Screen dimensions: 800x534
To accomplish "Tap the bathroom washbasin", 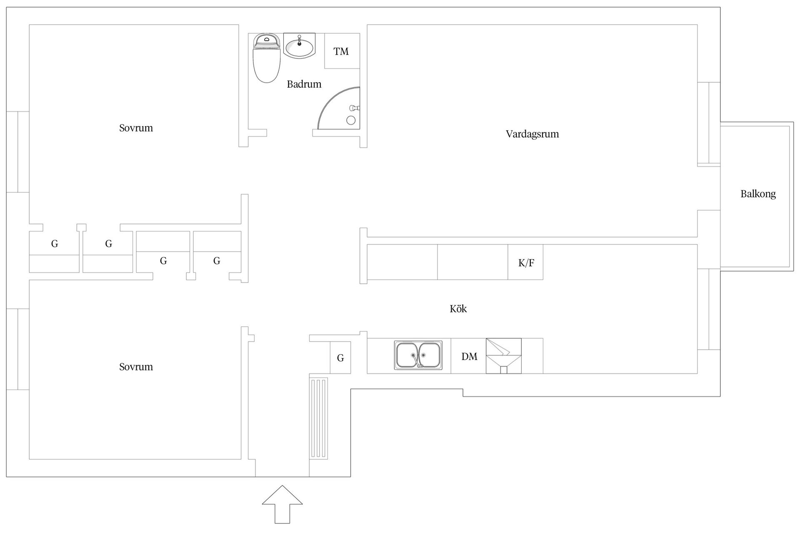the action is (299, 46).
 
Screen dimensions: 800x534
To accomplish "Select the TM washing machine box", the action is (342, 51).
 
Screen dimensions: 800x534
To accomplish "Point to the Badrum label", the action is (304, 84).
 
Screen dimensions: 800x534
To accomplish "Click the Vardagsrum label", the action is (532, 134).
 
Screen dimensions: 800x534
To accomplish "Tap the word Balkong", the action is (758, 194).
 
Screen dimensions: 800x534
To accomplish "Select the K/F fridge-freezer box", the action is (525, 262).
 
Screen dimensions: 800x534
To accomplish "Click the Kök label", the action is (458, 309).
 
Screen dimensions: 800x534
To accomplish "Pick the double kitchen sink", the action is (418, 355).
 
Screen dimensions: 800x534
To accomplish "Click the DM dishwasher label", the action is (469, 356).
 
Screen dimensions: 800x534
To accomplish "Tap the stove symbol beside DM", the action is (504, 356).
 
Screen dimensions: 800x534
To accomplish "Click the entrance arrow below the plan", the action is (282, 504).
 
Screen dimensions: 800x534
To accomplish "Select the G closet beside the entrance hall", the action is (340, 358).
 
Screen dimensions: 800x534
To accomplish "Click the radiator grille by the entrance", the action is (319, 418).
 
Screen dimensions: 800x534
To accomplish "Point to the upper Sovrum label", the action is (136, 128).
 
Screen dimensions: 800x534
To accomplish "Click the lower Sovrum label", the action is (136, 367).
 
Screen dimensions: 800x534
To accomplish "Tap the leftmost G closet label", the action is (55, 244).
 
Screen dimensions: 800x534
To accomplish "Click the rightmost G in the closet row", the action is (217, 261).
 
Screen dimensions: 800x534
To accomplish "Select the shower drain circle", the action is (351, 121).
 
